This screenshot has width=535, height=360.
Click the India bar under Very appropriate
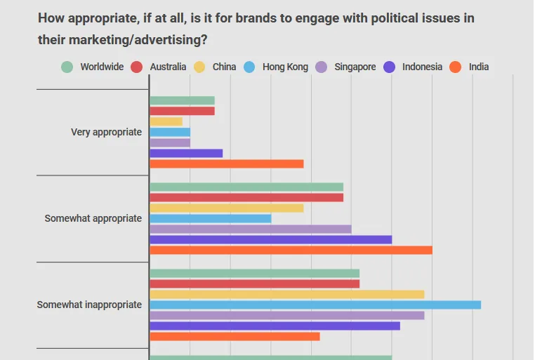click(x=226, y=164)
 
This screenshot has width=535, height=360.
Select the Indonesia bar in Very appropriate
click(x=186, y=153)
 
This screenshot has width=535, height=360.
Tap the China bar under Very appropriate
click(x=166, y=121)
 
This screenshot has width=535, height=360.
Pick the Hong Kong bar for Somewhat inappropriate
click(x=315, y=305)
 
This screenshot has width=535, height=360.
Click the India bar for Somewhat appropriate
click(x=291, y=250)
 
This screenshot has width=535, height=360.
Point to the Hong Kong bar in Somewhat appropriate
click(x=210, y=218)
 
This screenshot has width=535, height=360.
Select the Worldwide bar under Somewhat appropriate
click(x=246, y=187)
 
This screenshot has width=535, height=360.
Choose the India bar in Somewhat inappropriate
click(x=235, y=336)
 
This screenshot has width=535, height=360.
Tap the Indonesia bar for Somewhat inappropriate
click(x=275, y=326)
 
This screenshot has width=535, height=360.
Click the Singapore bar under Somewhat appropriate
click(x=250, y=229)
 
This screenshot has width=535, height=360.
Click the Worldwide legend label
click(x=102, y=67)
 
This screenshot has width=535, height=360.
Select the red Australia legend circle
click(x=137, y=67)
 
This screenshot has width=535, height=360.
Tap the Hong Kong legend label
click(x=285, y=67)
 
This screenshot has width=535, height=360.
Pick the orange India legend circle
click(x=456, y=67)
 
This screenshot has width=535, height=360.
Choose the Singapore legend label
click(x=354, y=67)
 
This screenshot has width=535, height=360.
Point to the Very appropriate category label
click(x=106, y=132)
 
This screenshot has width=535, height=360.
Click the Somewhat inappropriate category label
click(x=89, y=305)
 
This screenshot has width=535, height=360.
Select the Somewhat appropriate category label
click(x=93, y=218)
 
